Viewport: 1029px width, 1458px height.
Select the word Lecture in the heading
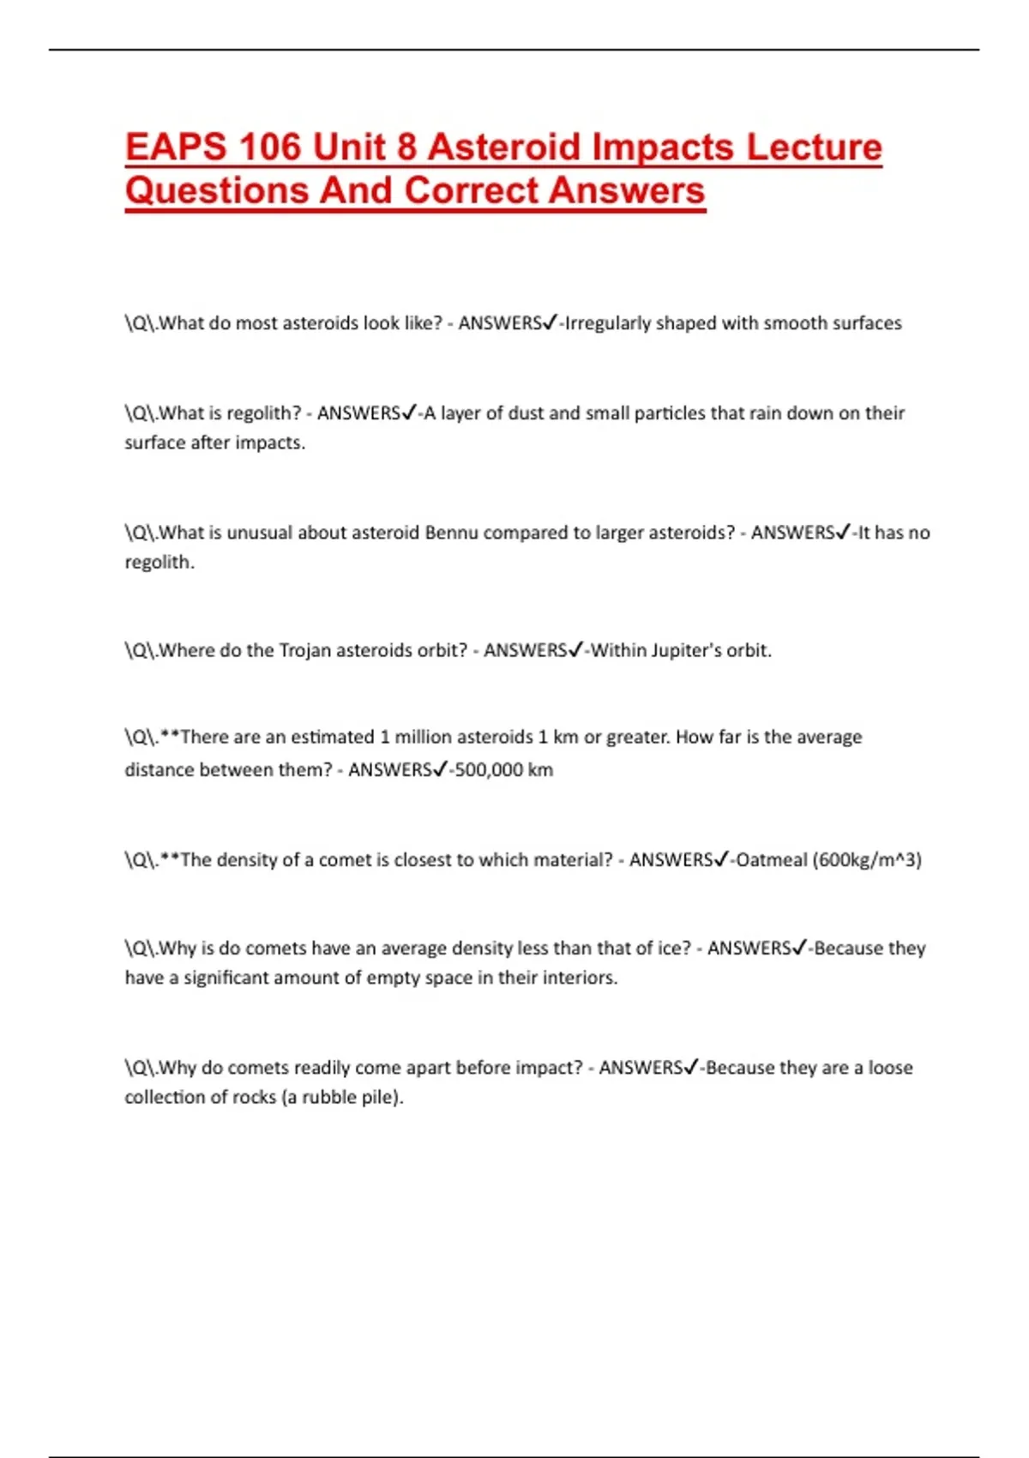coord(814,147)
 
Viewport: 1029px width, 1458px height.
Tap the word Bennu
coord(451,533)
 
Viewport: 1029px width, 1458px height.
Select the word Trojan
coord(305,651)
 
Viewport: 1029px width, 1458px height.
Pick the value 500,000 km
coord(504,770)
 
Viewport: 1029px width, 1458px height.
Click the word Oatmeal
coord(771,860)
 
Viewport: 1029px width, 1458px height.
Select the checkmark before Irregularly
coord(551,322)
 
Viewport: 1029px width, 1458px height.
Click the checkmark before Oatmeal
coord(721,859)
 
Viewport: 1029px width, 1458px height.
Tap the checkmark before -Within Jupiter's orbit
coord(576,650)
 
